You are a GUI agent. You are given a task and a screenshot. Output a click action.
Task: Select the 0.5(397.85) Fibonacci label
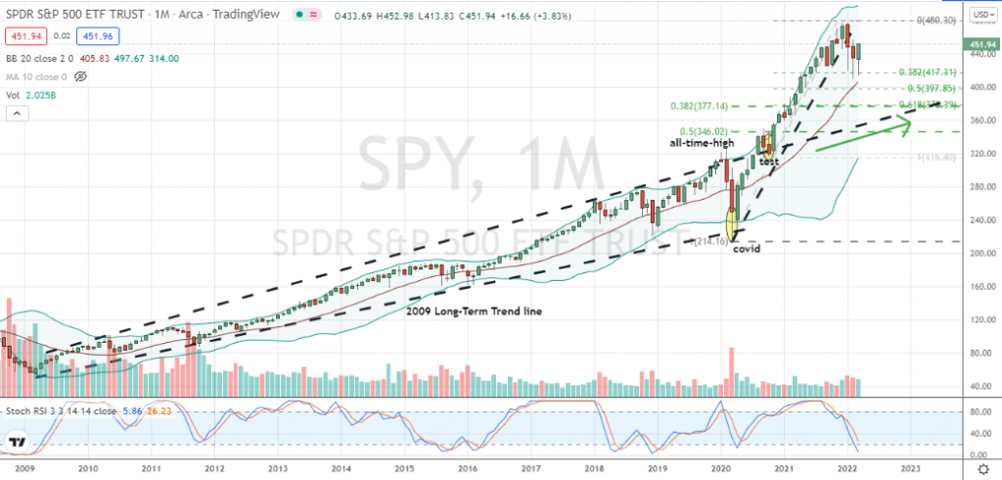(899, 88)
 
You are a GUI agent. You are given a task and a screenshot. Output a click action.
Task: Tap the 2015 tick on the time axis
(405, 468)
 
